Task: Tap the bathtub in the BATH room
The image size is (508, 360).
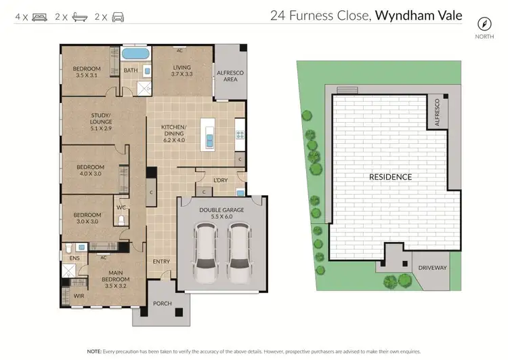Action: (x=136, y=54)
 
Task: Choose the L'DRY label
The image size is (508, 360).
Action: (x=220, y=180)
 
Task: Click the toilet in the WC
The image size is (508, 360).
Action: (x=122, y=220)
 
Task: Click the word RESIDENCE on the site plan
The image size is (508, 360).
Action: (x=390, y=177)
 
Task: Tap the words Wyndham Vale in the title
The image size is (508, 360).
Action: (x=419, y=15)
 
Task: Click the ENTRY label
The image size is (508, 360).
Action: (x=161, y=261)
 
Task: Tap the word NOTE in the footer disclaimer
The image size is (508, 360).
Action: (x=95, y=352)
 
